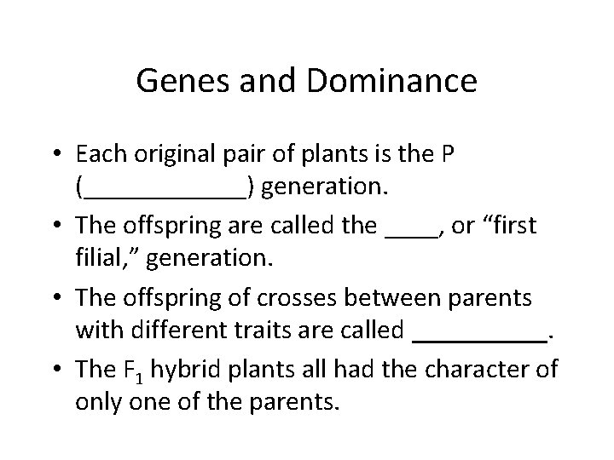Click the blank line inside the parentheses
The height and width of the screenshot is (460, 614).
point(165,191)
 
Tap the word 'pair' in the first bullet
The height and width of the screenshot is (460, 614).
point(254,156)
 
